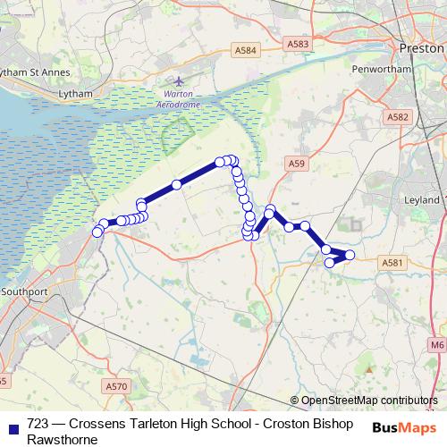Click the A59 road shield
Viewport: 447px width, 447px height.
[x=297, y=163]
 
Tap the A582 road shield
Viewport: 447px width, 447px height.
[x=399, y=116]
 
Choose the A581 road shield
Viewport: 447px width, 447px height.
[x=392, y=262]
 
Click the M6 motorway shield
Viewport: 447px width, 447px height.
[x=436, y=344]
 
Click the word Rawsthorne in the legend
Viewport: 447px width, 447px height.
[x=62, y=439]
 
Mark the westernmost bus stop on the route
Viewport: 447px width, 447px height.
[x=97, y=233]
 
